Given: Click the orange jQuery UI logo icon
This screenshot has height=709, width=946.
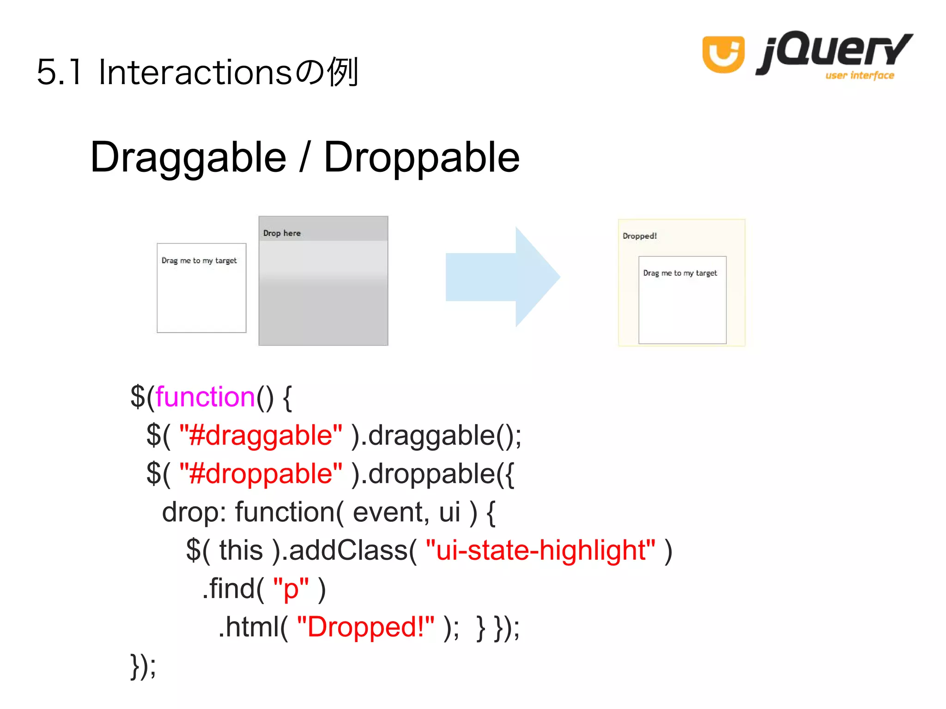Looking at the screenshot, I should coord(723,54).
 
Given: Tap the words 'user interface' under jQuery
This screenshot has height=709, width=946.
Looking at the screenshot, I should coord(860,75).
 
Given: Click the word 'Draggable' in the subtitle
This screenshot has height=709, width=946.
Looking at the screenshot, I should coord(188,158).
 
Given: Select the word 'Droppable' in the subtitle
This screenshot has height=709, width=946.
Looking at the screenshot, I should coord(422,158).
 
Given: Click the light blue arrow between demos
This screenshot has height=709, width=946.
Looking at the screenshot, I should coord(503,277).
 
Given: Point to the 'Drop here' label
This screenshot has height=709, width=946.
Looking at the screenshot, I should coord(282,233).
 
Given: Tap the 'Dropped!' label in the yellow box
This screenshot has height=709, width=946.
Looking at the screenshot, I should coord(640,236).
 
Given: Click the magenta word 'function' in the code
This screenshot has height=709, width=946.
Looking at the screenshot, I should coord(205,397).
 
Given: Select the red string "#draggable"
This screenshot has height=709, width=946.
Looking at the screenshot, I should coord(261,436).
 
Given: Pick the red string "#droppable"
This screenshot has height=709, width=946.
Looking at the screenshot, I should coord(261,474).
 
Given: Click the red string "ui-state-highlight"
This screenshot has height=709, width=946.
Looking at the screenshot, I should coord(540,550).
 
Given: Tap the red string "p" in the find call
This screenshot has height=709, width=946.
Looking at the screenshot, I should coord(291,589).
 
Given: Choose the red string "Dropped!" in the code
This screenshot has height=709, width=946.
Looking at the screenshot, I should coord(365,627).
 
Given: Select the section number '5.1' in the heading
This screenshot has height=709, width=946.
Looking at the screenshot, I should coord(59,73).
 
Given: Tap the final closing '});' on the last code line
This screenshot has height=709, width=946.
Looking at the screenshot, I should coord(144,666).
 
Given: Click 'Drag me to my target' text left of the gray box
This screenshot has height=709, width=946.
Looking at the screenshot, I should coord(199,261).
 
